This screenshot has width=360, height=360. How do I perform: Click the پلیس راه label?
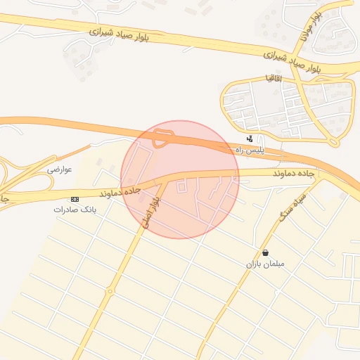coord(249,150)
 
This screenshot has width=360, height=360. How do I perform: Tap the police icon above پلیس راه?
coord(250,139)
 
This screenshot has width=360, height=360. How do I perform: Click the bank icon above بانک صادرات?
coord(75,199)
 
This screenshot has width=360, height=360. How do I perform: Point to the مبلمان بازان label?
coord(264,264)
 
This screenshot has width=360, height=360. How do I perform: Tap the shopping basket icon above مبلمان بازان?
coord(265,252)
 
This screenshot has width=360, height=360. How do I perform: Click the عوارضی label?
coord(60,169)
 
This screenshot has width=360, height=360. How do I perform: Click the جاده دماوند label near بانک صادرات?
coord(120,191)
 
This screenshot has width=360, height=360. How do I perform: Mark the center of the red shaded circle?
coord(180,179)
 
